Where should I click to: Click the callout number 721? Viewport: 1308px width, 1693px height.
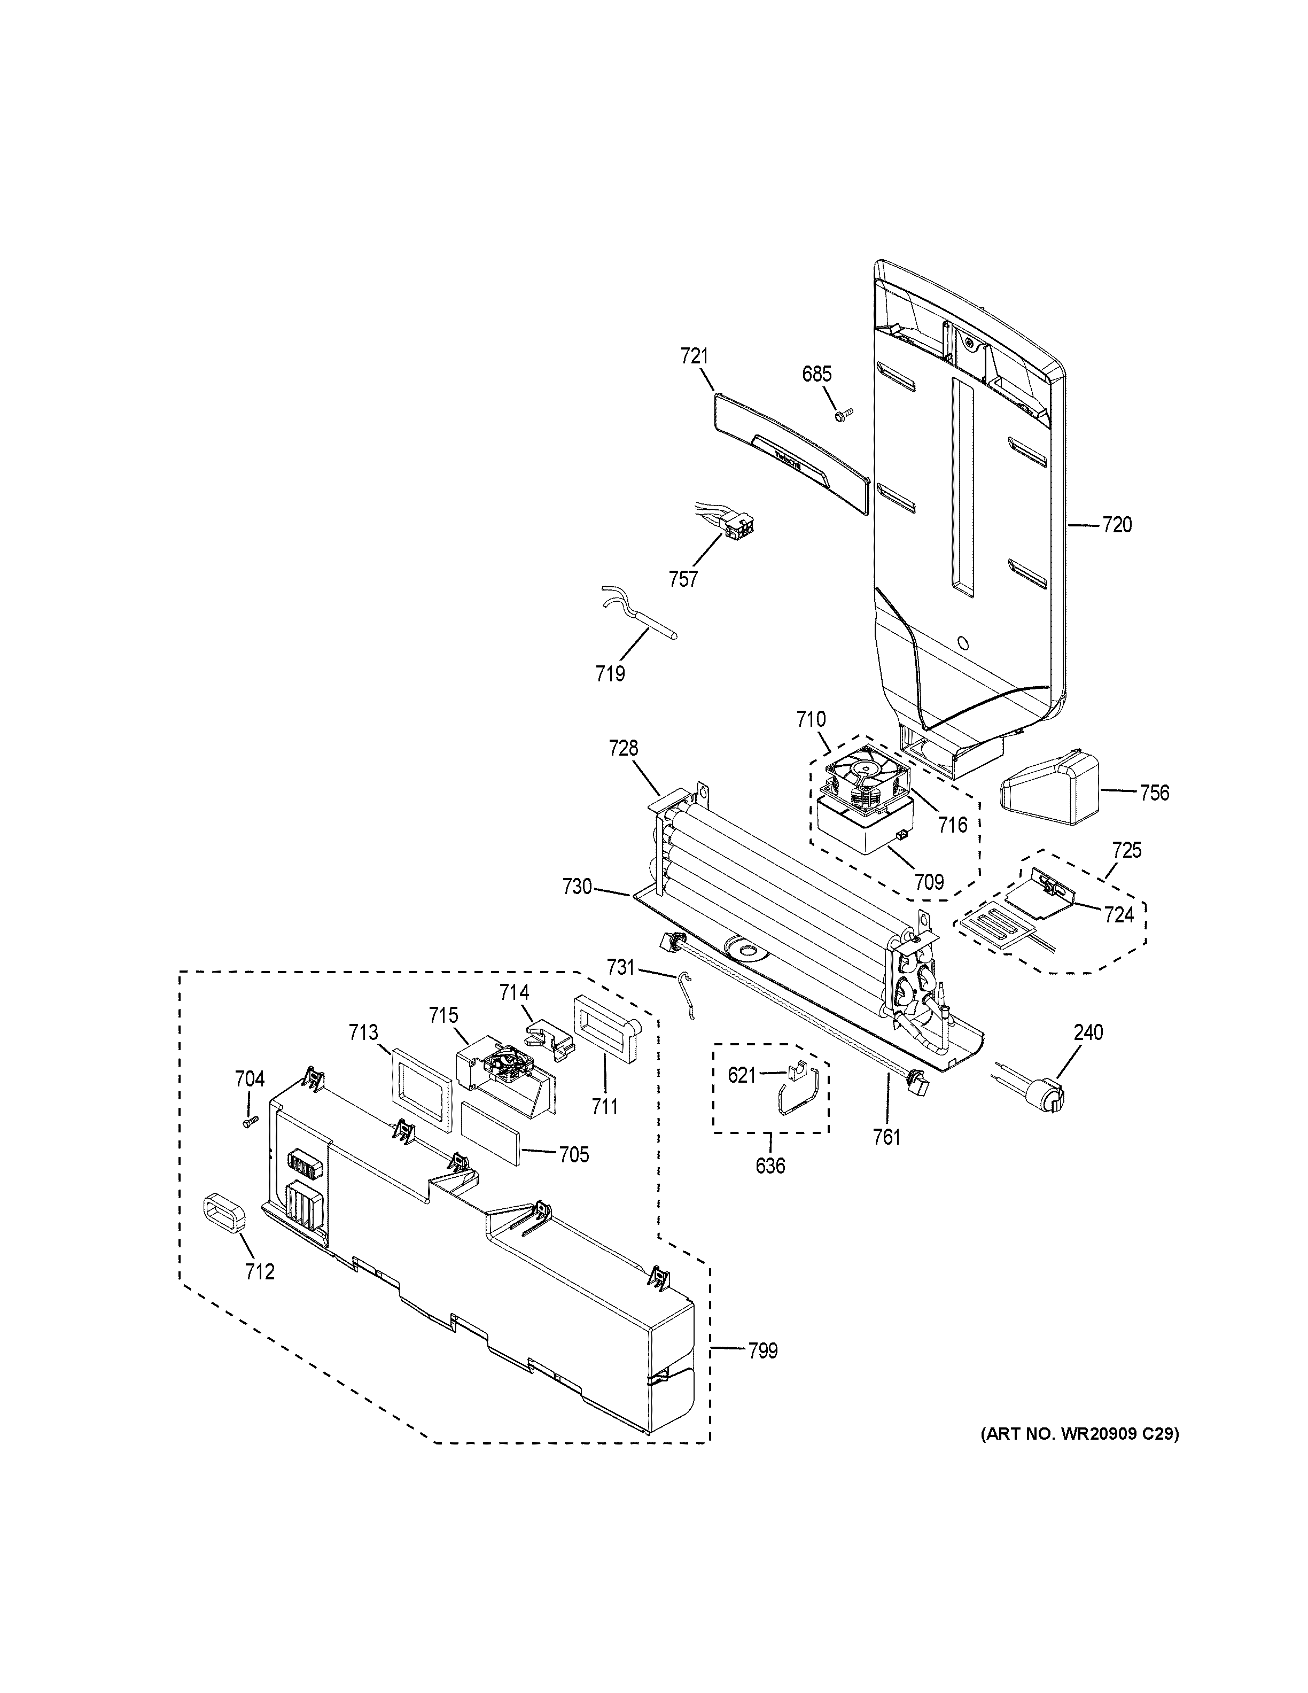click(694, 356)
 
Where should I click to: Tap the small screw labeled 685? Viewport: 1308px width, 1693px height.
click(842, 415)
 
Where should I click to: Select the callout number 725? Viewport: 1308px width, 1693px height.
click(1126, 850)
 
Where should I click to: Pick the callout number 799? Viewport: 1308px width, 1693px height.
click(762, 1351)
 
